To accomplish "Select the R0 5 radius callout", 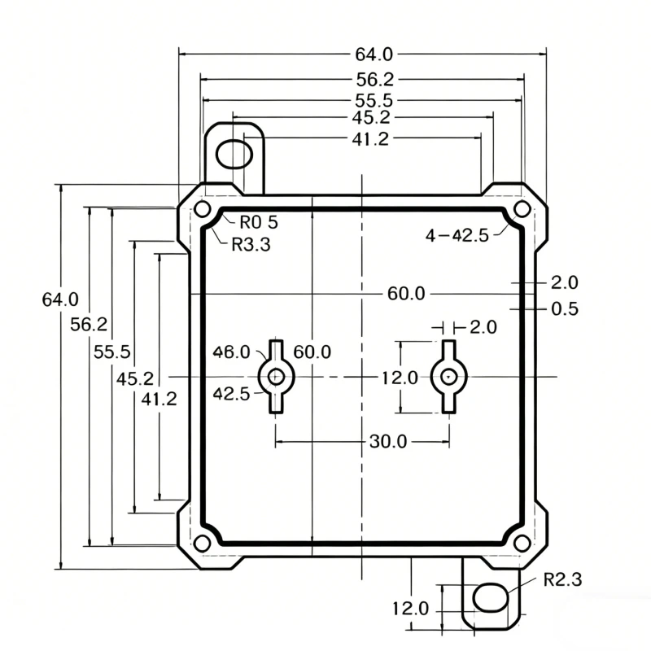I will coord(258,221).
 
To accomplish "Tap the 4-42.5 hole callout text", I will coord(457,235).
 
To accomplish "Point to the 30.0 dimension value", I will coord(387,442).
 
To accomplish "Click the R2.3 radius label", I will coord(562,579).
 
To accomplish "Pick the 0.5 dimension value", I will coord(565,309).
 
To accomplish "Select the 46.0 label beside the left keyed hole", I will coord(231,352).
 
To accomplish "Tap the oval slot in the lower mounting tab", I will coord(491,597).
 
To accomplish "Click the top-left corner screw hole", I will coord(201,208).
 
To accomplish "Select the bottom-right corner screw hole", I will coord(521,543).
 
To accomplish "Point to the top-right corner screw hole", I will coord(522,208).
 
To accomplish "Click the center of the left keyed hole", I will coord(277,377).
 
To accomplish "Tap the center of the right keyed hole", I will coord(448,377).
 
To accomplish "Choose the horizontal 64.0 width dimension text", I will coord(374,55).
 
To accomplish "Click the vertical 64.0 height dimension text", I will coord(60,299).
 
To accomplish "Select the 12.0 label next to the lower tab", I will coord(410,609).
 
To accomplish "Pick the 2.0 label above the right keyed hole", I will coord(483,327).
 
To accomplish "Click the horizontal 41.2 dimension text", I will coord(370,139).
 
